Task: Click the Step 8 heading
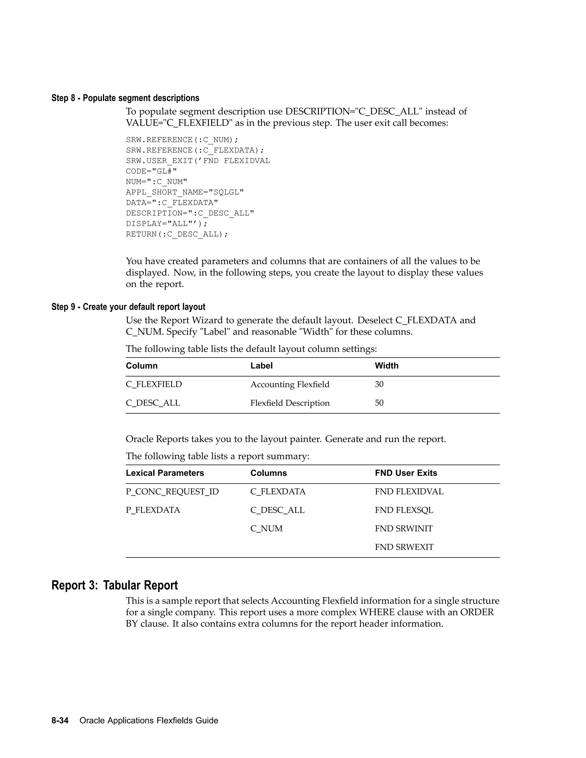point(125,98)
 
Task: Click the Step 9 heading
point(128,307)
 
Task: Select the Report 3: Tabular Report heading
point(114,585)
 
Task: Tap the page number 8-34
point(60,721)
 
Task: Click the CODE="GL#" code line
point(151,171)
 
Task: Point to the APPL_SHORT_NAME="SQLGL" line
point(185,192)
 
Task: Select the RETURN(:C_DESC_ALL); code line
point(177,234)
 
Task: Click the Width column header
point(386,366)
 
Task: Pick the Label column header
point(262,366)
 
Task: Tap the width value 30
point(379,384)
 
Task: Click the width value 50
point(379,403)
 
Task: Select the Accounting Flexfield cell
point(290,384)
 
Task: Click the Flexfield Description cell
point(290,403)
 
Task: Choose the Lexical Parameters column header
point(165,473)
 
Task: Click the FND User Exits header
point(406,473)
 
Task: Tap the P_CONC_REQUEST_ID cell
point(172,491)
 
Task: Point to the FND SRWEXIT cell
point(404,547)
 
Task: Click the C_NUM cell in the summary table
point(266,528)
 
